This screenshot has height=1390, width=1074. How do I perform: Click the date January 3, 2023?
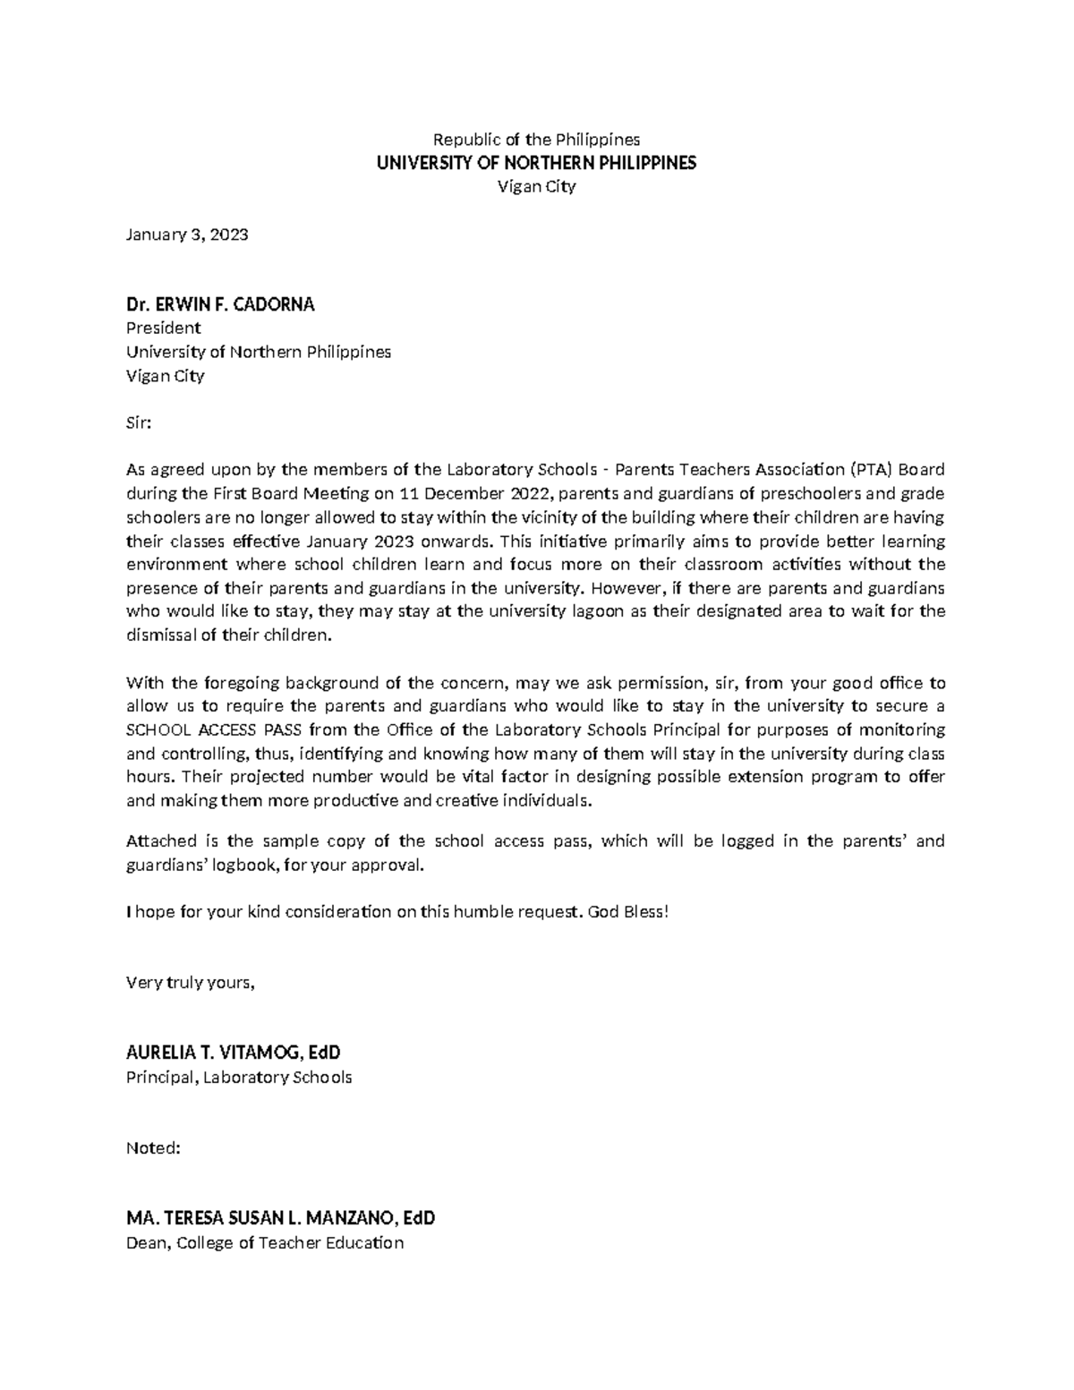coord(187,235)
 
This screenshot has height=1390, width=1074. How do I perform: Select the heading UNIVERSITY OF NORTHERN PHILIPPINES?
coord(536,163)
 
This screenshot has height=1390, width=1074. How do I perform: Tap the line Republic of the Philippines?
coord(536,140)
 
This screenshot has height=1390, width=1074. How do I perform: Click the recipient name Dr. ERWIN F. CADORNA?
coord(220,304)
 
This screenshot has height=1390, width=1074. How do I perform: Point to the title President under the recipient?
coord(163,328)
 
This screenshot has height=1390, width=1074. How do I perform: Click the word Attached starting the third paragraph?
coord(157,841)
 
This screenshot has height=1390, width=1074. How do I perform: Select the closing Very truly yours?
coord(191,983)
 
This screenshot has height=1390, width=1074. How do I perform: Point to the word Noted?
coord(153,1148)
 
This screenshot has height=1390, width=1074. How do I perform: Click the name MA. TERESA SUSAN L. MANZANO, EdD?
coord(280,1218)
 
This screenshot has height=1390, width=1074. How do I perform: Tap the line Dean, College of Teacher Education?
coord(265,1242)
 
